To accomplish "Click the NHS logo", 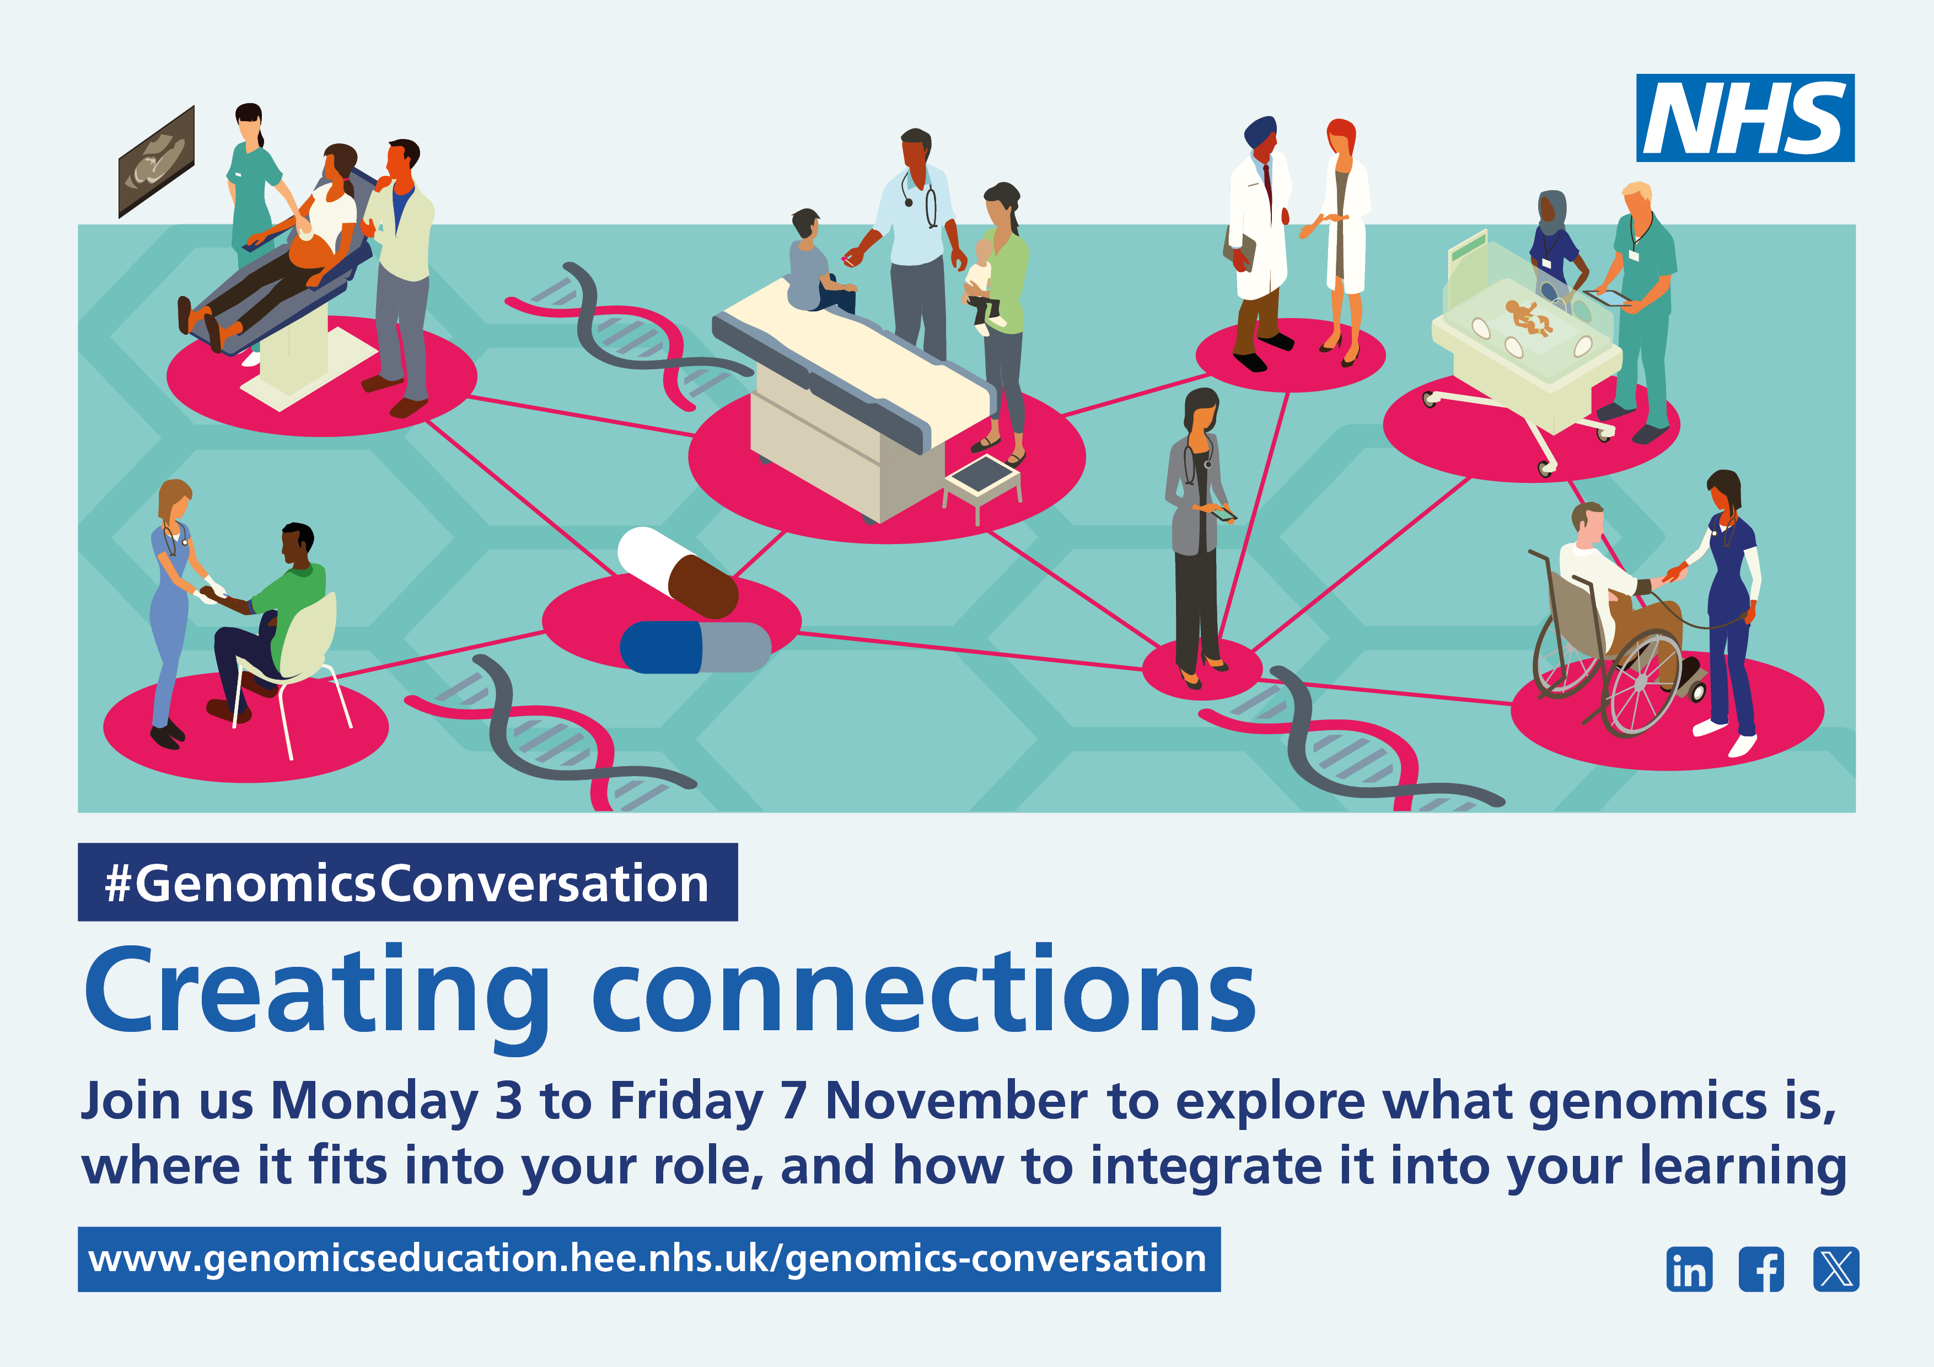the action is click(1745, 118).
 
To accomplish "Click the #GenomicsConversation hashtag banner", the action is click(407, 882).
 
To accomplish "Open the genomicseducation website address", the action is click(648, 1259).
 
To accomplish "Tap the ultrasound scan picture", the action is click(157, 162).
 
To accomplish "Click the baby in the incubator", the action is click(1529, 317).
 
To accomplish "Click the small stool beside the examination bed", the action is click(982, 486).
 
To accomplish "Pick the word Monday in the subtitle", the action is click(374, 1102).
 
